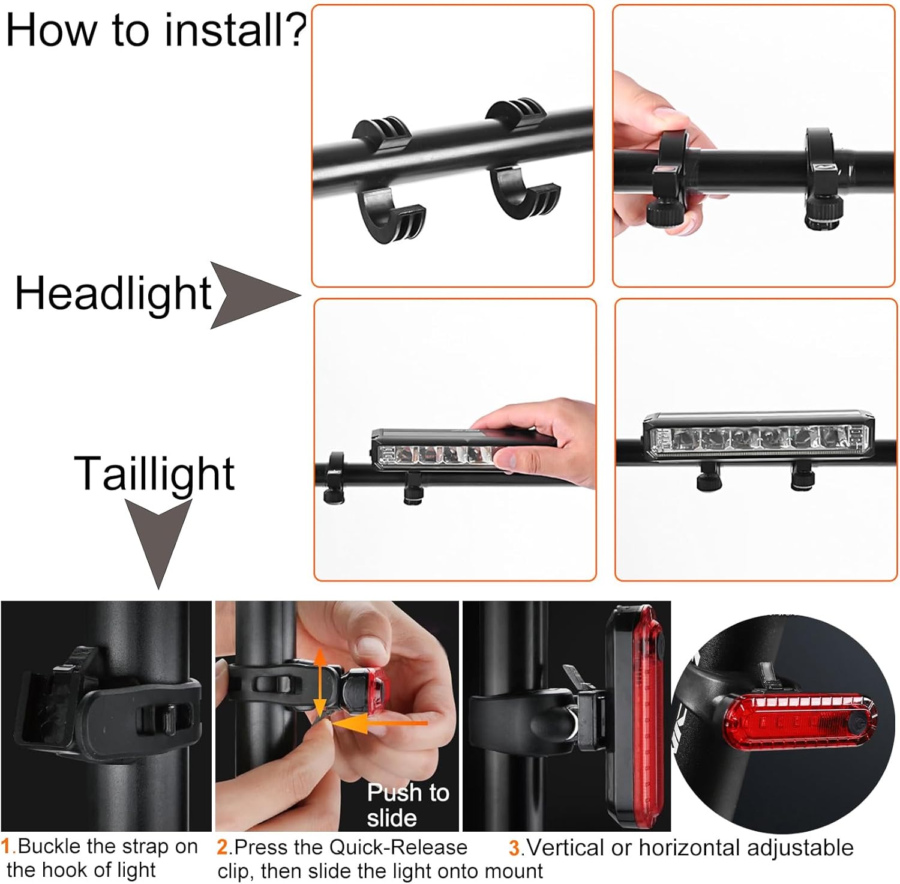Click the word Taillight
154,474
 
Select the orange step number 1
7,846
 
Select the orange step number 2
223,847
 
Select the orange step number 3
514,848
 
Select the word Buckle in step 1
50,846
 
